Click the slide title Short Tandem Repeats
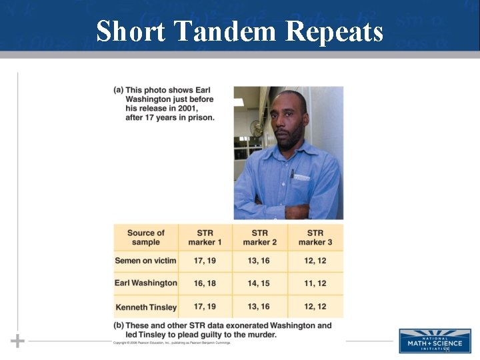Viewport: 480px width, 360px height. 239,31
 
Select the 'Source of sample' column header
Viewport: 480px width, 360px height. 145,237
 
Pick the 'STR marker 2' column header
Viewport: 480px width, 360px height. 259,237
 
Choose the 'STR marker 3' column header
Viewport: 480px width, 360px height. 315,237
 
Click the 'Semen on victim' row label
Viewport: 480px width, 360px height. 145,261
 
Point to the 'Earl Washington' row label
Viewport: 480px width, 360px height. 145,283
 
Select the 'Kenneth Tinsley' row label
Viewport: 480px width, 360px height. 145,307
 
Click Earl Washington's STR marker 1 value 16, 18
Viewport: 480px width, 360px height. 205,283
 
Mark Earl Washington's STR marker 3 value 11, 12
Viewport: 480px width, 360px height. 315,283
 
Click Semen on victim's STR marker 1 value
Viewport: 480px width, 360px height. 205,261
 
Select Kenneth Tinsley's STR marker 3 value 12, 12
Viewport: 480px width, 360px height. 315,307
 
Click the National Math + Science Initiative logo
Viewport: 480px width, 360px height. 435,340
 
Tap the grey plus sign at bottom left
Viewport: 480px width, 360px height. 17,341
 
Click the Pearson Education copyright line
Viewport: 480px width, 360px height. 171,343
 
